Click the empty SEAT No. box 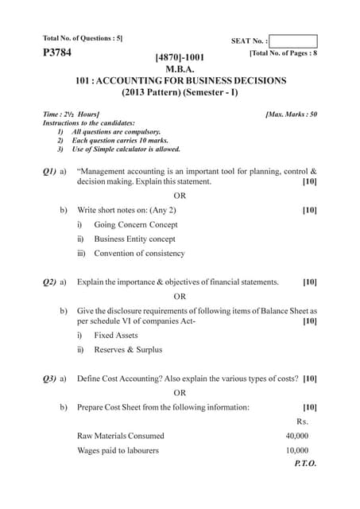point(293,41)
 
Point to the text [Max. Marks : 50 point(291,115)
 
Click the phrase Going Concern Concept point(135,224)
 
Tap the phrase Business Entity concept point(135,239)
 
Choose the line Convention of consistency point(139,253)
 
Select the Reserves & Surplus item point(128,350)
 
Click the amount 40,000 point(297,436)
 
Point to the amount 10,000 point(297,450)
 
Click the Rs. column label point(302,422)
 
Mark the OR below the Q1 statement point(180,196)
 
